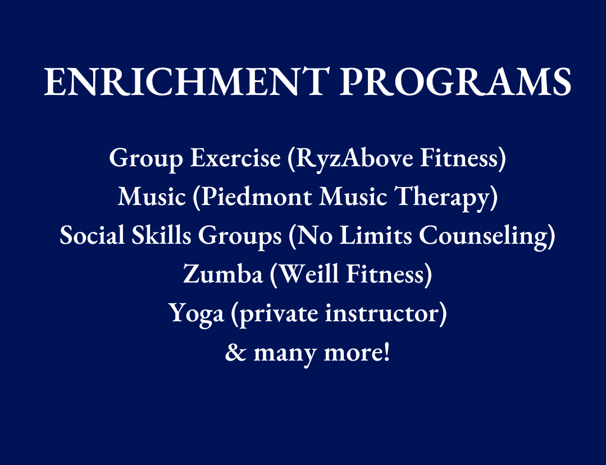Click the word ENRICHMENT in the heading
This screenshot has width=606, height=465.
186,81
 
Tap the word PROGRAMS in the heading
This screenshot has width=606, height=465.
455,81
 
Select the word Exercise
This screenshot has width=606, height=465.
235,158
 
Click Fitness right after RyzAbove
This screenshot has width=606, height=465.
459,158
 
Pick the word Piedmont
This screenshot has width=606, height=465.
257,197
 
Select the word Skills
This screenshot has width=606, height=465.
162,235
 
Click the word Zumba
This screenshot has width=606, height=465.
223,273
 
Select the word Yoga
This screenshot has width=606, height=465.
197,314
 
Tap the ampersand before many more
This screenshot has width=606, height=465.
236,353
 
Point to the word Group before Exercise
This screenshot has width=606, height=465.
146,158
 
